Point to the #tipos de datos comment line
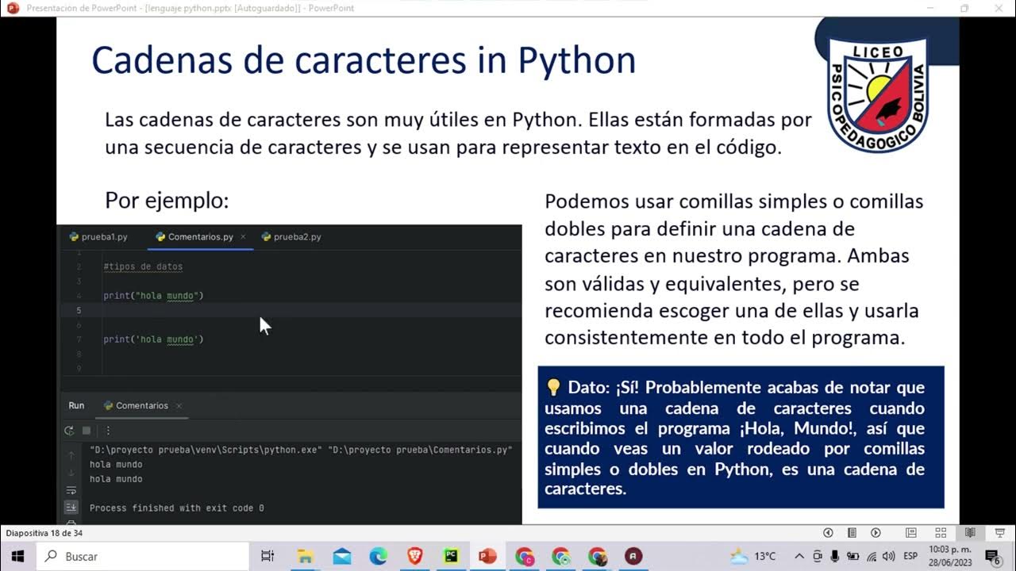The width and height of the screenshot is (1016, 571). (143, 266)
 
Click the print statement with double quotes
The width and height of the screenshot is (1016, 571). (153, 296)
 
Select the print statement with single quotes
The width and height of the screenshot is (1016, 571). (153, 339)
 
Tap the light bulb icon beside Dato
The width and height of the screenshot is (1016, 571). (553, 387)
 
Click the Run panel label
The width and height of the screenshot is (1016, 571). (76, 405)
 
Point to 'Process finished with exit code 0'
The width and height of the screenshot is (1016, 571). (176, 508)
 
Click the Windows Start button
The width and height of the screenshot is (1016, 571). (17, 556)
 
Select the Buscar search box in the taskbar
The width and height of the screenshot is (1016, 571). (143, 556)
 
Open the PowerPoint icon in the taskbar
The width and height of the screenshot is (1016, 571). (487, 556)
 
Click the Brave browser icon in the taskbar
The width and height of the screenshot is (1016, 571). (414, 556)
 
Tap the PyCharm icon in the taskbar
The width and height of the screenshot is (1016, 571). (451, 556)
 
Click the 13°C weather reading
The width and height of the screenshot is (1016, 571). (765, 556)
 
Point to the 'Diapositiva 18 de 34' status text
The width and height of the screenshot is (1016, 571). (44, 533)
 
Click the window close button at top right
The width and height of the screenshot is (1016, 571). (999, 8)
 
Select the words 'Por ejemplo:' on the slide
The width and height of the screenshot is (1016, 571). (167, 201)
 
